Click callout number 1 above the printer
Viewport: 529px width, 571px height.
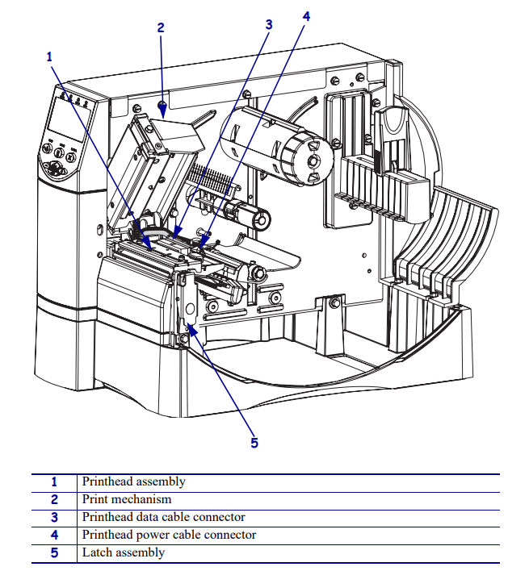(x=49, y=56)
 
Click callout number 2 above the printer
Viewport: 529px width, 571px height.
(x=161, y=27)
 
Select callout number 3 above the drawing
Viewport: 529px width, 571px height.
(x=269, y=24)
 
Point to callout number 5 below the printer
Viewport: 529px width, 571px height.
(x=254, y=442)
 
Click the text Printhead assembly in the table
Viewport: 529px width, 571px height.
(x=133, y=481)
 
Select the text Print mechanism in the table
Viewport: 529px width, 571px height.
(x=127, y=499)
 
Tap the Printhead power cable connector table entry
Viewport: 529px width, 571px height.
(x=169, y=535)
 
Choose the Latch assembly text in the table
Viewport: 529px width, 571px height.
(x=123, y=552)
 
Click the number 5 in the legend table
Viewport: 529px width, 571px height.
(x=55, y=553)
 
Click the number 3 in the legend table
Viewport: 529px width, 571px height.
(x=55, y=518)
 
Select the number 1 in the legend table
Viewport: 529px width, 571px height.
(x=55, y=482)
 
